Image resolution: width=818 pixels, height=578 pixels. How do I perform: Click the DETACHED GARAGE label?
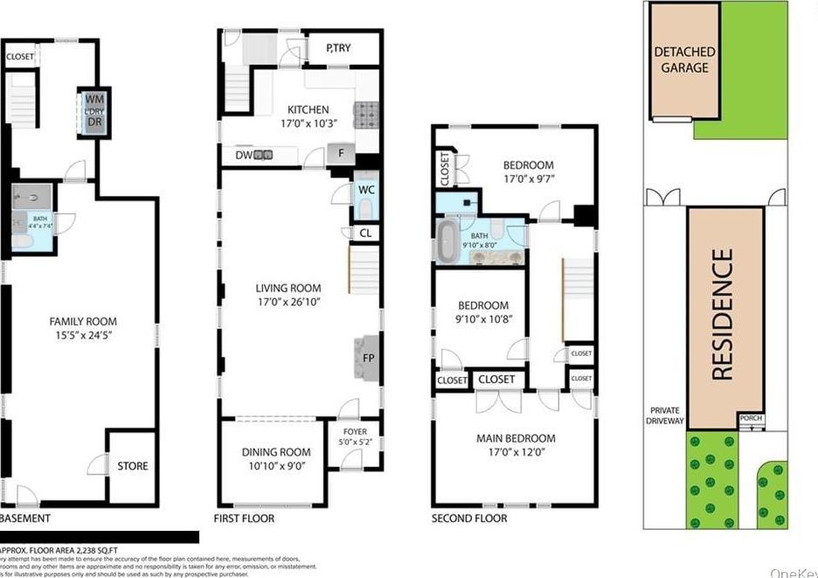point(684,59)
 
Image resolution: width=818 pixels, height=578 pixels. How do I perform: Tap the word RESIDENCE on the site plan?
point(723,315)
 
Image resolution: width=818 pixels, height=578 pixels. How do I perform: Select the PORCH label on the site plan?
point(751,419)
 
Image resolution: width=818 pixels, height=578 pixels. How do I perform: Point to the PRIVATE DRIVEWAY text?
point(665,416)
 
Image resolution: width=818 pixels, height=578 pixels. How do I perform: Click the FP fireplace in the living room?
point(366,357)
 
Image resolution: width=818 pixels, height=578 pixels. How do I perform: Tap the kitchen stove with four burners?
point(366,114)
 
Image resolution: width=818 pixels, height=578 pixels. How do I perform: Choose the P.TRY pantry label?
point(338,48)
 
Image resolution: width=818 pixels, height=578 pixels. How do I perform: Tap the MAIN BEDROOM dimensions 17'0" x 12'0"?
point(516,454)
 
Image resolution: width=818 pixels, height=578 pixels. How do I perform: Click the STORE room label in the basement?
point(133,466)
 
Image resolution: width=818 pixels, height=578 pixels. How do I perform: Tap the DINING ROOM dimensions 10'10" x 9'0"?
point(276,466)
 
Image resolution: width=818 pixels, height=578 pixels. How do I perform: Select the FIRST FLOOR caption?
point(244,519)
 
